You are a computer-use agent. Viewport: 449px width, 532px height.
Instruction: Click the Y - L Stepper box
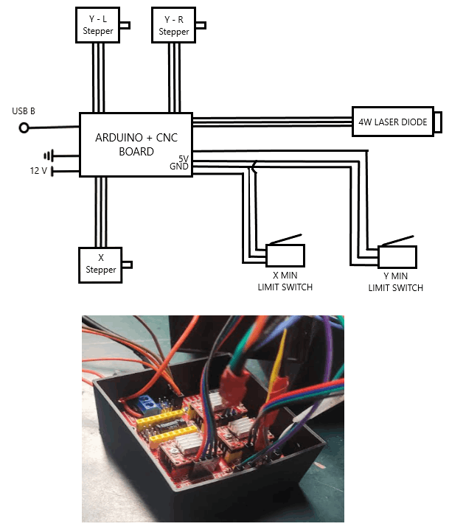point(98,26)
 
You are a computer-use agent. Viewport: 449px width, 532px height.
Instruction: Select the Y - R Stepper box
point(173,26)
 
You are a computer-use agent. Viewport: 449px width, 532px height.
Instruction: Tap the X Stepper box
point(100,265)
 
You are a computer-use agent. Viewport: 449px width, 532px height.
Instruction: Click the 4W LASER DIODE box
point(393,122)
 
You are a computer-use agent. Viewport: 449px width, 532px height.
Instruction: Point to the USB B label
point(24,111)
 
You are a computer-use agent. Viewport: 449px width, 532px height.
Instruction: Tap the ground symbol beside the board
point(49,155)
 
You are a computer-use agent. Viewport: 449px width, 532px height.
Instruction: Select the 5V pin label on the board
point(184,158)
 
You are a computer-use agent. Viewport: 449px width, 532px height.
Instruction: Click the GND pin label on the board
point(180,167)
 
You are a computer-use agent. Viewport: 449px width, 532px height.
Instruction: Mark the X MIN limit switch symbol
point(285,253)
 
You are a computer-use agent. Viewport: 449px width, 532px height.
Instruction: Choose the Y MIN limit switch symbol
point(397,255)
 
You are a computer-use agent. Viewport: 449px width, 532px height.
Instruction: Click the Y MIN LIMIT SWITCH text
point(396,282)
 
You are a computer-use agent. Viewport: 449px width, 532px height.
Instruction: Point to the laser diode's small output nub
point(437,122)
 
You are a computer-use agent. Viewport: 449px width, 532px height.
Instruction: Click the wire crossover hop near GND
point(254,168)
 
